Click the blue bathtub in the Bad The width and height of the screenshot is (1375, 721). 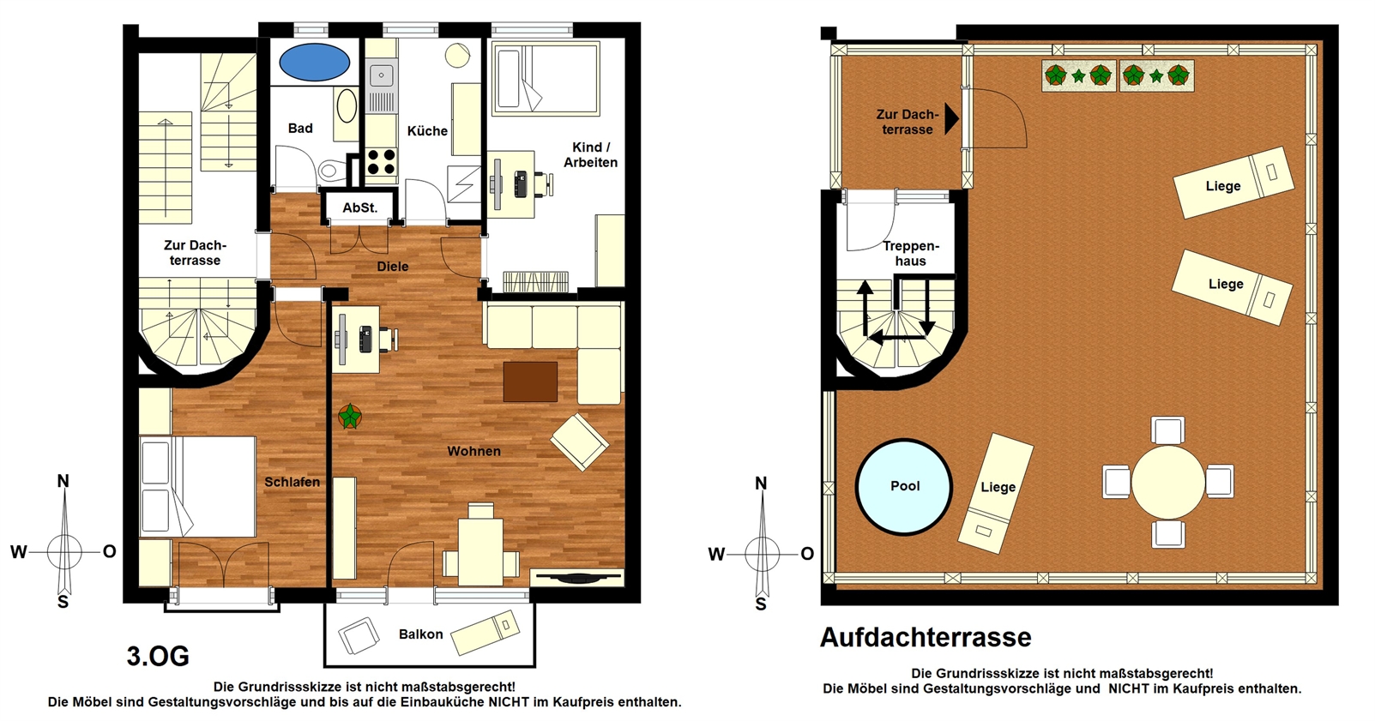(314, 62)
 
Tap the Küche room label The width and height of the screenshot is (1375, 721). (427, 130)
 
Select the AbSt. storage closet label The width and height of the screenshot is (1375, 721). (359, 208)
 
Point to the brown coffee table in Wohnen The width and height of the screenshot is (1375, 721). (530, 381)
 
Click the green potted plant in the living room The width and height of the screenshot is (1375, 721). (350, 417)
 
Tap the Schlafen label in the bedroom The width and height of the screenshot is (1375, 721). (292, 483)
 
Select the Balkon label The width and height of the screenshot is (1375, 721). (420, 634)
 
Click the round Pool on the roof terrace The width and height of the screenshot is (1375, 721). (904, 487)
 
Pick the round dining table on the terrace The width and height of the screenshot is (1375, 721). (1168, 483)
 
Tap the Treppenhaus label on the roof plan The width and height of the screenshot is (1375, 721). (911, 254)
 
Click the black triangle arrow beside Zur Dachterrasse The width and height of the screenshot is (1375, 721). (951, 118)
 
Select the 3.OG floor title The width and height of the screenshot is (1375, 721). (158, 657)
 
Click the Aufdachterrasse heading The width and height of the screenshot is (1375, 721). (926, 638)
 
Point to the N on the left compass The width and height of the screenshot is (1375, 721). (63, 482)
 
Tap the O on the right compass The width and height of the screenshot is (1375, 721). (806, 554)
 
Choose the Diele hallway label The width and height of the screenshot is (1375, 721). (393, 267)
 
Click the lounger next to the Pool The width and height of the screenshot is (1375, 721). (996, 494)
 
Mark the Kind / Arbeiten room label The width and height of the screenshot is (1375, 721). (590, 155)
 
